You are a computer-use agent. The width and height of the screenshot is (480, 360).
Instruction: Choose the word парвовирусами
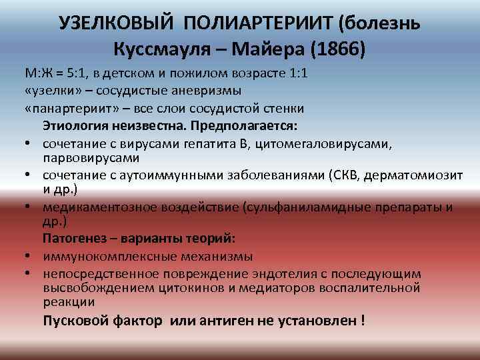pos(91,158)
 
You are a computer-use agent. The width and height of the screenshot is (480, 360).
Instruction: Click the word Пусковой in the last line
pos(72,320)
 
